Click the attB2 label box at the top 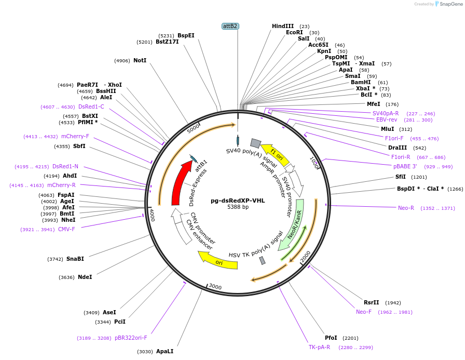(230, 26)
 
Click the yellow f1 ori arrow (275, 154)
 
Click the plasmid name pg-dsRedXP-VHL (238, 201)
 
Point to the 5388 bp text (238, 207)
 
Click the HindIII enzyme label (283, 26)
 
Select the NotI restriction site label (140, 60)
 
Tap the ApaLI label (165, 351)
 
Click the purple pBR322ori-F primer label (131, 338)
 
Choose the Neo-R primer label (406, 208)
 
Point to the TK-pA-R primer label (319, 347)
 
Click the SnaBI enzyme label (75, 259)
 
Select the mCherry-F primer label (75, 136)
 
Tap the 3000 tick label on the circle (215, 286)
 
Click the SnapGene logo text (451, 4)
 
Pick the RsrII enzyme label (371, 302)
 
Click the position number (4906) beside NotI (122, 61)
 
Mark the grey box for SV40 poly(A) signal (255, 143)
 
